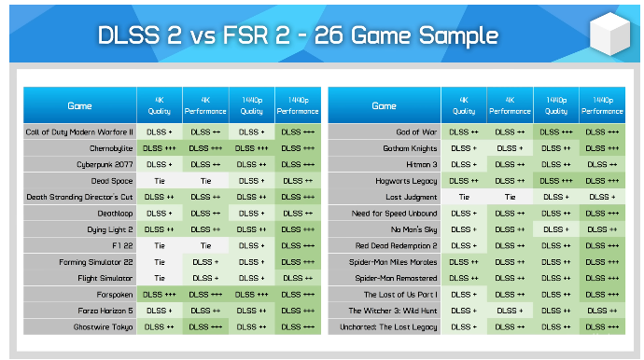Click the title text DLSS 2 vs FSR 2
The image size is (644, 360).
298,36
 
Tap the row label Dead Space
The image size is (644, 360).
113,180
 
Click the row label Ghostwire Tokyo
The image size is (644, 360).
105,326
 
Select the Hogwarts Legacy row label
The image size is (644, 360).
405,180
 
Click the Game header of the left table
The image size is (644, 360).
80,105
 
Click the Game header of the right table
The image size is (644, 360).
384,105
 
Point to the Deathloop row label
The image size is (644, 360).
117,213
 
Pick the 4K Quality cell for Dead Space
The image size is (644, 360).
160,180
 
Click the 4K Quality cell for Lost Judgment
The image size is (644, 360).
463,197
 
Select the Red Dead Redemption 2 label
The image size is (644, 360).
397,245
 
